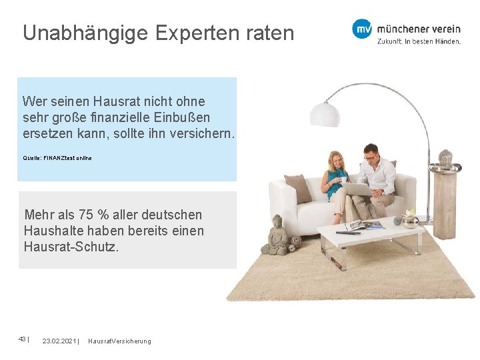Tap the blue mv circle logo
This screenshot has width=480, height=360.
362,29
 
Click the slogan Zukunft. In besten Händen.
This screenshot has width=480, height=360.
419,41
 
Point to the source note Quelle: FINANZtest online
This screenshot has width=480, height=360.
57,158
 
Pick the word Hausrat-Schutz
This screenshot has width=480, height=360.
71,247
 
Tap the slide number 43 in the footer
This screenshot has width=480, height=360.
22,339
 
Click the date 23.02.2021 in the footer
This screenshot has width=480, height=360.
59,341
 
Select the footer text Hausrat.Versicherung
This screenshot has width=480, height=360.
119,341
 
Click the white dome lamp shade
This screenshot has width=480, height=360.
325,114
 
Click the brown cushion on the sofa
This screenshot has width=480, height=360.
297,188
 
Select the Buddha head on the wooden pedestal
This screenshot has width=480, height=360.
445,157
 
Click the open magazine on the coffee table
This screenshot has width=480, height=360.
364,225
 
